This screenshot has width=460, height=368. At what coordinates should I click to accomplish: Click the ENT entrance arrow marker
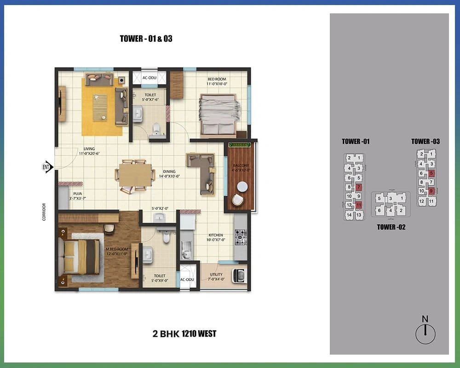tap(47, 167)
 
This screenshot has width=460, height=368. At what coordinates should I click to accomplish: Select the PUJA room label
tap(78, 196)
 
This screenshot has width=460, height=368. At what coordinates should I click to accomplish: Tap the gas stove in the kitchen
tap(241, 237)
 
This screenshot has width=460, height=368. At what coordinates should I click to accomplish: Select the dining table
tap(135, 175)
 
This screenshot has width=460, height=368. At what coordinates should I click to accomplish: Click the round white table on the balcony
tap(242, 186)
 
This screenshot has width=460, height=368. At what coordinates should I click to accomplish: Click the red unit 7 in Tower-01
tap(358, 187)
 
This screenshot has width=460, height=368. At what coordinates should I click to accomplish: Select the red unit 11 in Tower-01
tap(358, 205)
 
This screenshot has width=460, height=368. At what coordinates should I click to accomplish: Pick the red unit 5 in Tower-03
tap(431, 173)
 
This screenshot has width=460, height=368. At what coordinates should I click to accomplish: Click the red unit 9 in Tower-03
tap(431, 191)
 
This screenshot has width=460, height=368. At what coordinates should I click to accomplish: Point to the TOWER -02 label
tap(391, 227)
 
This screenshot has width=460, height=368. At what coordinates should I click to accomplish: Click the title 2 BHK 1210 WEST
tap(184, 333)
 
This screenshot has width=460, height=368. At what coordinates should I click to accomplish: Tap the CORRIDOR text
tap(44, 212)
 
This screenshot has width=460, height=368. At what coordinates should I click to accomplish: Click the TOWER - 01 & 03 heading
tap(146, 39)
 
